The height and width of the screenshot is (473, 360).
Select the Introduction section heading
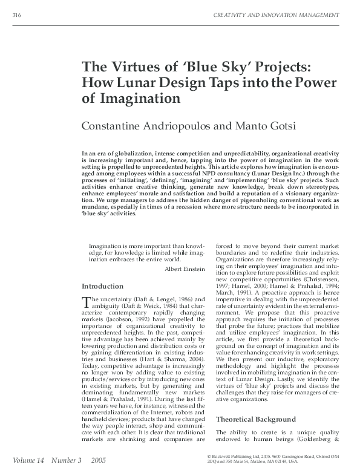(x=103, y=286)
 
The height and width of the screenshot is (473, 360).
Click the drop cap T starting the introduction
(x=85, y=301)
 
